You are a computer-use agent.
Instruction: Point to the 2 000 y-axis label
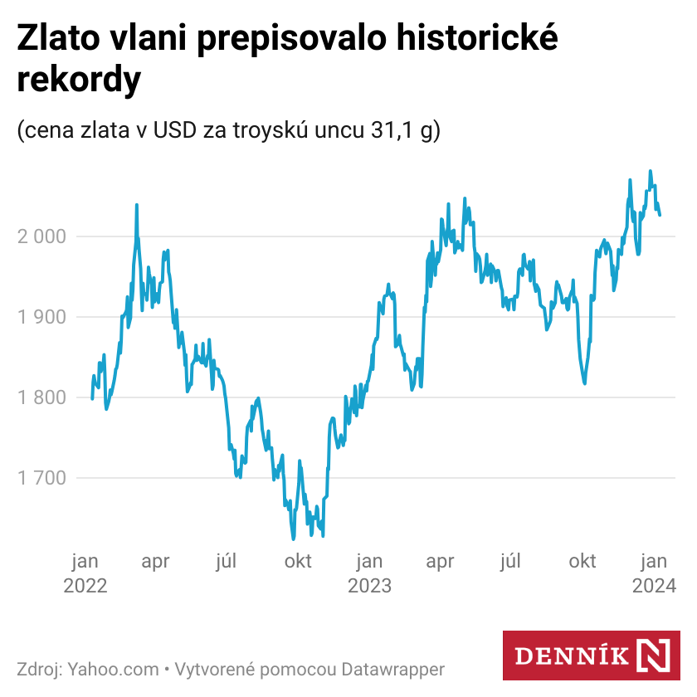[x=41, y=236]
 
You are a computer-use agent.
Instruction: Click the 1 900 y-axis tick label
[x=41, y=317]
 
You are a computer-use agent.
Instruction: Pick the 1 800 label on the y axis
[x=41, y=397]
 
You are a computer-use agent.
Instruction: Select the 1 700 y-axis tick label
[x=41, y=478]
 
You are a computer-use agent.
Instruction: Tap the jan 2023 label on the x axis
[x=369, y=573]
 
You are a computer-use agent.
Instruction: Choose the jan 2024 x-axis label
[x=654, y=573]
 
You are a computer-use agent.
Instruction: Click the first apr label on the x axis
[x=155, y=562]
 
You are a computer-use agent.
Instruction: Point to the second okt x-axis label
[x=582, y=562]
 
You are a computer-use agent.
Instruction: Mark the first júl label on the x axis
[x=227, y=562]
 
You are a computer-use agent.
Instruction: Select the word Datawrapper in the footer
[x=394, y=669]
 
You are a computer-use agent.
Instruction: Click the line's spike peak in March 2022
[x=136, y=205]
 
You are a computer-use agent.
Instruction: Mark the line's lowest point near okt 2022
[x=293, y=538]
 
